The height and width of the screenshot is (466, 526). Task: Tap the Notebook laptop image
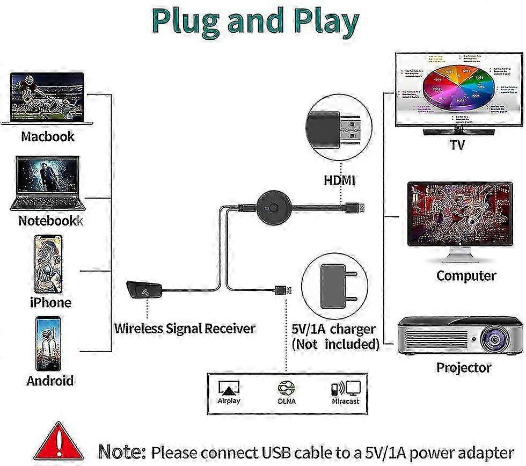click(x=47, y=183)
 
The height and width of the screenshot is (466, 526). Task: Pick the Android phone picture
click(x=49, y=344)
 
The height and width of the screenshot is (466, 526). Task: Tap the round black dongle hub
click(x=274, y=206)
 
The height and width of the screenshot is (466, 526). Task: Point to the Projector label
click(x=463, y=368)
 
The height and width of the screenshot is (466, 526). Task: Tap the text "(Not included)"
click(x=335, y=344)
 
